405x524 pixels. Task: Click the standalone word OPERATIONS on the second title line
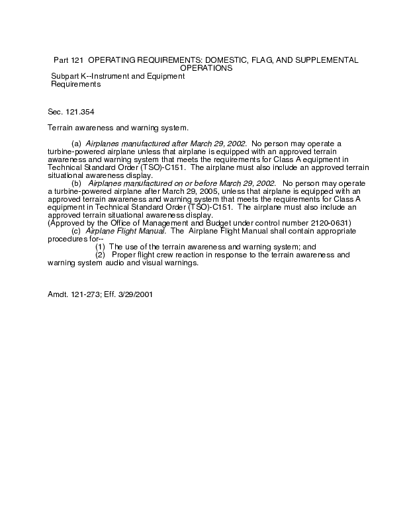pyautogui.click(x=206, y=68)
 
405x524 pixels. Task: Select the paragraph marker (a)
pyautogui.click(x=76, y=144)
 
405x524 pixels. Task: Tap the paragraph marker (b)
pyautogui.click(x=76, y=183)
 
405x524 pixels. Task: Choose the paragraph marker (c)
pyautogui.click(x=76, y=231)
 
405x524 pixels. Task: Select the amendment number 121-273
pyautogui.click(x=87, y=294)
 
